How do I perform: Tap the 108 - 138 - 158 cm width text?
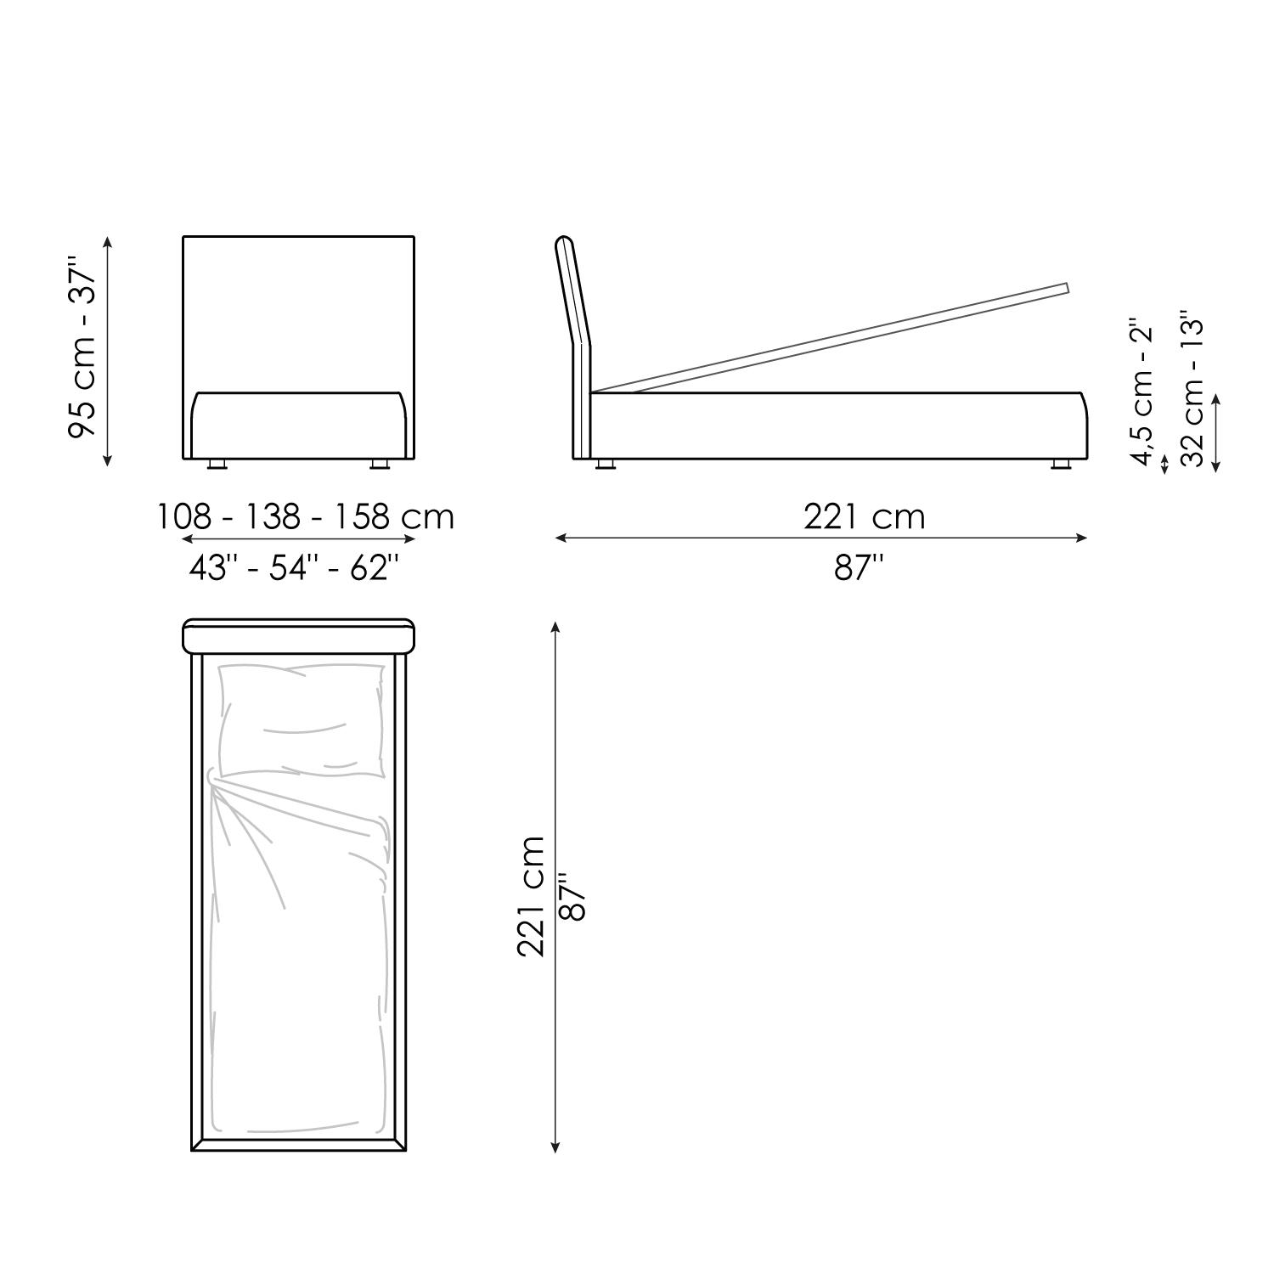(x=306, y=516)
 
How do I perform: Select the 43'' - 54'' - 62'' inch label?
(x=294, y=567)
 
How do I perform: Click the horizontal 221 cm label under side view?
(x=865, y=516)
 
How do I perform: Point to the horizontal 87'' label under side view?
(x=859, y=567)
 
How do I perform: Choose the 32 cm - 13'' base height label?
(x=1192, y=392)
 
